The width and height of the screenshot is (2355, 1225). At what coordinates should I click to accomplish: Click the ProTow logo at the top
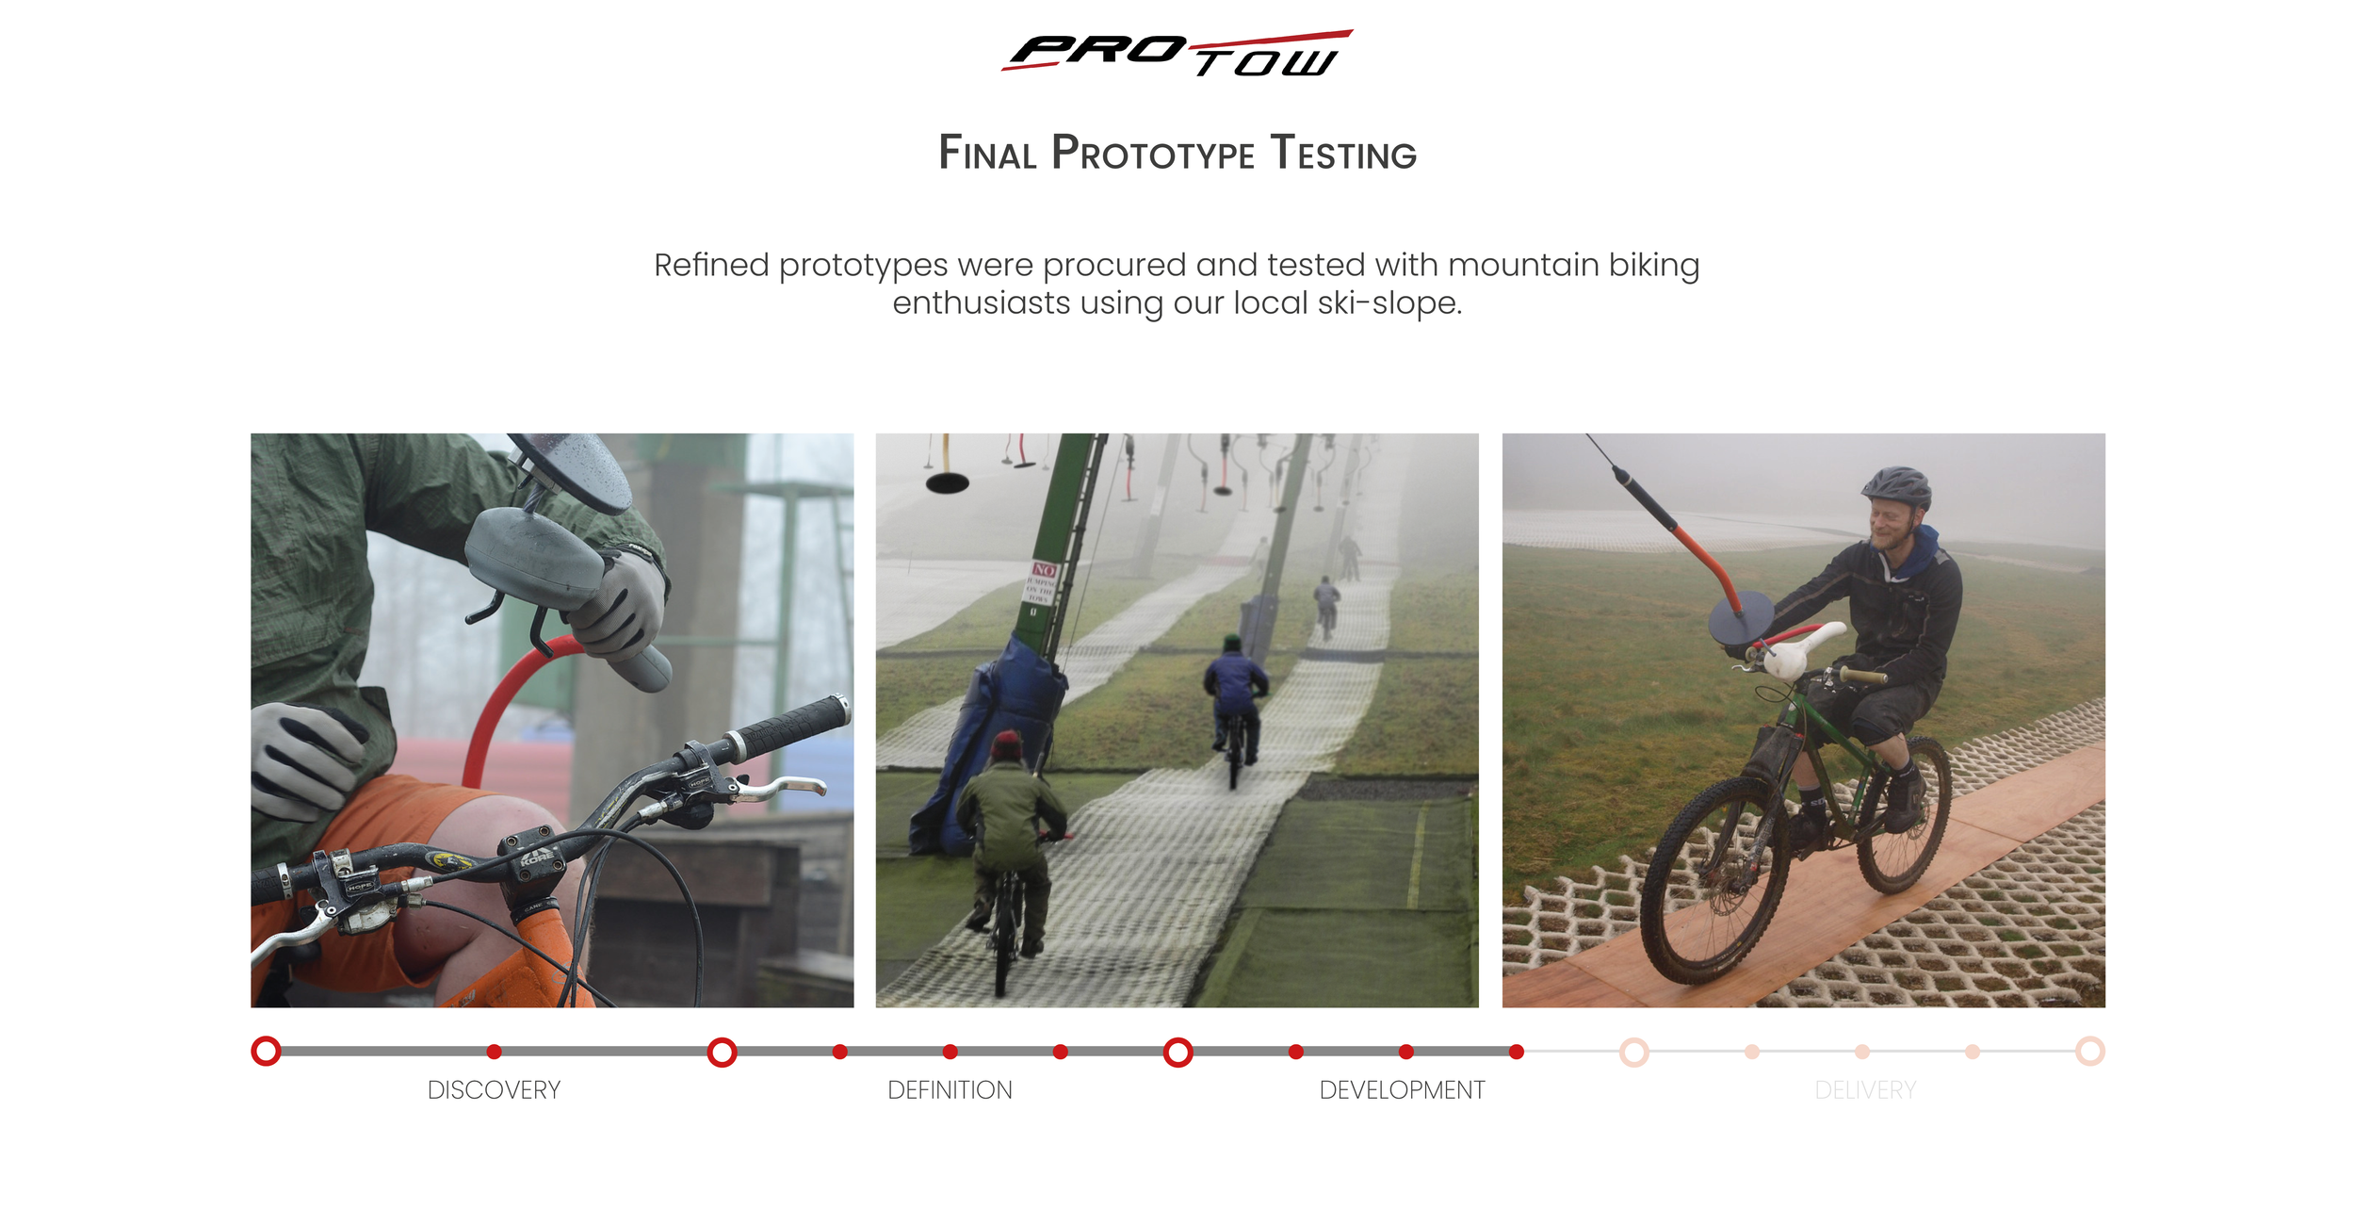coord(1177,54)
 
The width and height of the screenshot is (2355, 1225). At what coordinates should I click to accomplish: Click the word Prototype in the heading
coord(1153,154)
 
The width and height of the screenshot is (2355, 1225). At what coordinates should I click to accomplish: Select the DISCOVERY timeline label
coord(494,1090)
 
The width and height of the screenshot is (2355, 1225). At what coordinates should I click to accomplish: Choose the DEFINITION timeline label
coord(950,1090)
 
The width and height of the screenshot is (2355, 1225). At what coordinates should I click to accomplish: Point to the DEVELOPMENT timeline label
coord(1402,1090)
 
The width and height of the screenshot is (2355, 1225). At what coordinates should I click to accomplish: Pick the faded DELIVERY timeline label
coord(1865,1090)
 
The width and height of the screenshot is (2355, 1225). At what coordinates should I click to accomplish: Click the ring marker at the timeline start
coord(267,1051)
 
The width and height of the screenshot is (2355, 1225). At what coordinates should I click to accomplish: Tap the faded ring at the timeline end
coord(2089,1051)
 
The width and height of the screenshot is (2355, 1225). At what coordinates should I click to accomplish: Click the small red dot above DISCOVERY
coord(495,1052)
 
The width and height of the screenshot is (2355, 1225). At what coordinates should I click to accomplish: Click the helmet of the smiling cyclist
coord(1895,487)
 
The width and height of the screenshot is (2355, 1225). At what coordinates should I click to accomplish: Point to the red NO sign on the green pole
coord(1044,570)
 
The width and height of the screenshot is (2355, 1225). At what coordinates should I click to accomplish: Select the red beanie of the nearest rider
coord(1006,745)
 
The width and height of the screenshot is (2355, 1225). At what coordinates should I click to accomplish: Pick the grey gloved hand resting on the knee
coord(306,759)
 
